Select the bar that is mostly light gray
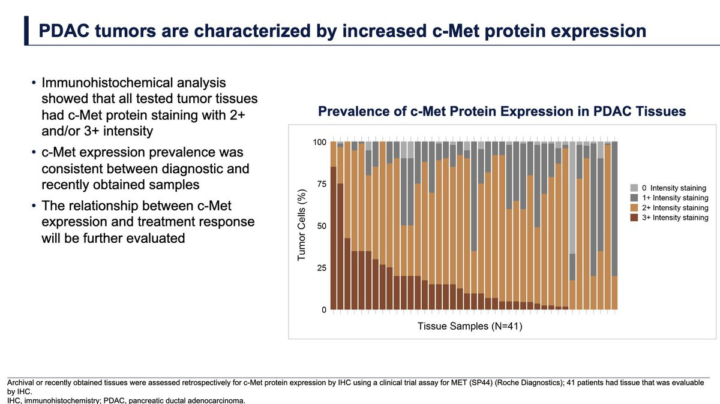(x=572, y=198)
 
